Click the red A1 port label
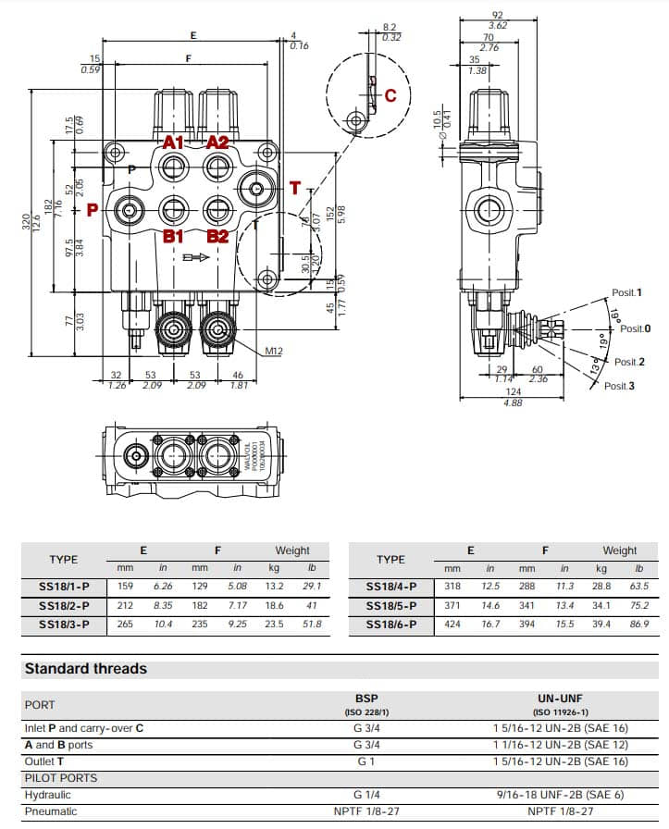pos(173,142)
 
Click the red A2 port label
pos(217,142)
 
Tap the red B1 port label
pos(173,236)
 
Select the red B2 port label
pos(217,236)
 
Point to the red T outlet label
pos(295,189)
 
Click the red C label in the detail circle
pos(390,95)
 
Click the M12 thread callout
pos(274,351)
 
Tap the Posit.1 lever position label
pos(626,292)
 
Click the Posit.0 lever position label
pos(635,328)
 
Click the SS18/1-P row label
pos(64,586)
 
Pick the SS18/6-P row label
pos(390,625)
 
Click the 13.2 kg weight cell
pos(274,586)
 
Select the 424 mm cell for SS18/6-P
pos(452,625)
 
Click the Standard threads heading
pos(85,668)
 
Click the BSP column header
pos(366,699)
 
